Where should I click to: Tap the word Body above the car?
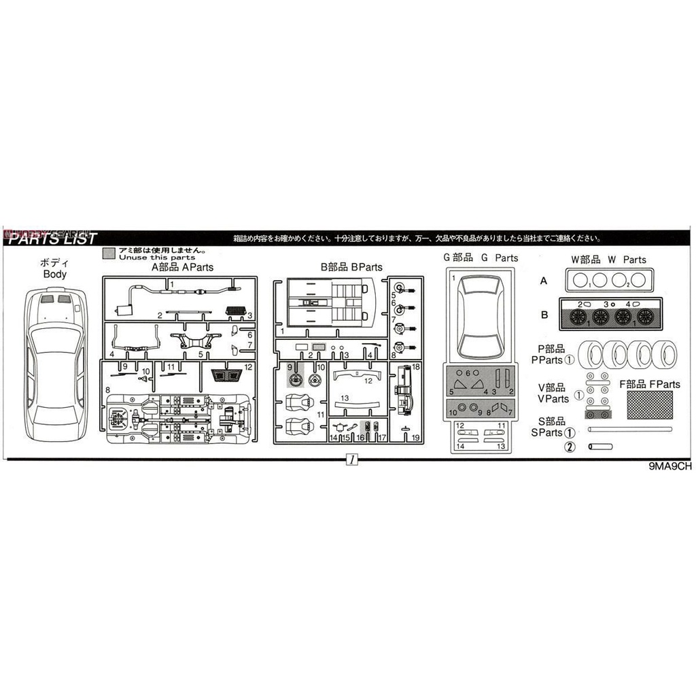54,275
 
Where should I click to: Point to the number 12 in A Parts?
249,367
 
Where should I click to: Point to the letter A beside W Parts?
544,281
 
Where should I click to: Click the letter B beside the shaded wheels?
544,315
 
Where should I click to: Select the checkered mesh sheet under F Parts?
650,404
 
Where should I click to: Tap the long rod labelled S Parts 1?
632,430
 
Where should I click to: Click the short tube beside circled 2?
601,447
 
